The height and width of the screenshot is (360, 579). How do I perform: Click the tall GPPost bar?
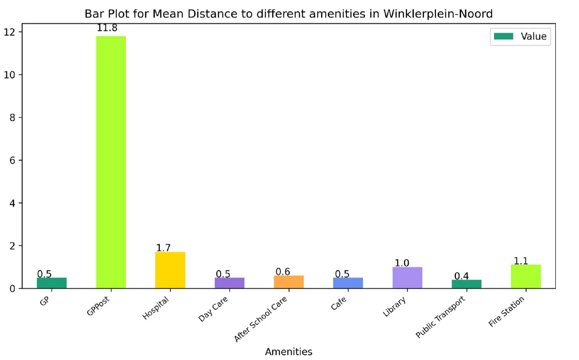point(111,162)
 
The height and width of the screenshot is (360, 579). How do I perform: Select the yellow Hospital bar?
point(170,270)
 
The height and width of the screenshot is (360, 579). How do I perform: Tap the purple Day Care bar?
point(230,283)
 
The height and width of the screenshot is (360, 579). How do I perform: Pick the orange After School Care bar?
point(289,282)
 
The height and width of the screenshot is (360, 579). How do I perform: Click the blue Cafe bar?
point(348,283)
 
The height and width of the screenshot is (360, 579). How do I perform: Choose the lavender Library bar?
point(407,278)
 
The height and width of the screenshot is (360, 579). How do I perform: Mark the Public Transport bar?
point(467,284)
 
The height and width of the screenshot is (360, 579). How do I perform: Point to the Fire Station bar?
point(526,276)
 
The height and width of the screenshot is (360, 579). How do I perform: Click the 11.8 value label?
point(107,28)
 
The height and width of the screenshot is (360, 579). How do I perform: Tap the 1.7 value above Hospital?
point(163,248)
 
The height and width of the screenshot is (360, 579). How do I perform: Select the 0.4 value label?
point(461,276)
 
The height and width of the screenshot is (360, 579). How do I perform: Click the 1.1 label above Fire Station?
point(521,261)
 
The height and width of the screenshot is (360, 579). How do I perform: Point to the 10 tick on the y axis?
point(10,75)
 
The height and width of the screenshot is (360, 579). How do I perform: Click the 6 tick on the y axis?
point(12,161)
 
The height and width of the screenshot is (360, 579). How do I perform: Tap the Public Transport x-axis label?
point(440,317)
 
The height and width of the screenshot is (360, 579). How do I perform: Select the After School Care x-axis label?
point(261,319)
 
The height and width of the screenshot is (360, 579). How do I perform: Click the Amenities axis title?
point(289,352)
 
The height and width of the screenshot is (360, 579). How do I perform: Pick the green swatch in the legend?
point(503,36)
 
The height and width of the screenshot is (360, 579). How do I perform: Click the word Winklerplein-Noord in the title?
point(438,14)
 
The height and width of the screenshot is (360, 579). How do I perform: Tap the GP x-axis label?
point(44,301)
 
